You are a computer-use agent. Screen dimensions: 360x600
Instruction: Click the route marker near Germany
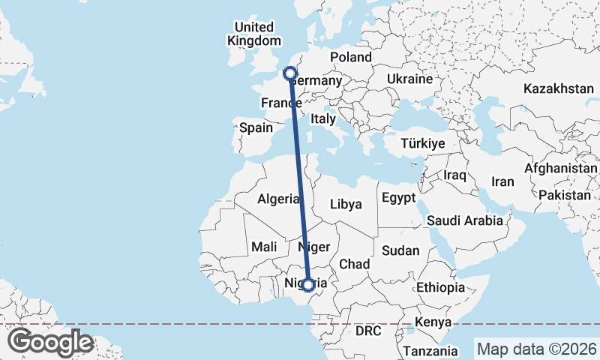coord(290,73)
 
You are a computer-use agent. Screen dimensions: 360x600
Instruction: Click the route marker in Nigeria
coord(307,284)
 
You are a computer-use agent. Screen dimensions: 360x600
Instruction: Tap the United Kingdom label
coord(255,34)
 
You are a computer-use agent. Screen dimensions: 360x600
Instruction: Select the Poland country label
coord(350,57)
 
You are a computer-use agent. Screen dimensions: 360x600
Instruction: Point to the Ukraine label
coord(410,79)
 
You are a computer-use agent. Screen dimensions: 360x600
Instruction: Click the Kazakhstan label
coord(559,88)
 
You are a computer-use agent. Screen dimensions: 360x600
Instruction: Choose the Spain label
coord(256,127)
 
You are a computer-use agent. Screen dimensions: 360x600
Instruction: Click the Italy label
coord(322,118)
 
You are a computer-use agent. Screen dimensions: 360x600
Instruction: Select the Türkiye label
coord(423,143)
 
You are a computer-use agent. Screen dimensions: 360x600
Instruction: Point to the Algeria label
coord(278,199)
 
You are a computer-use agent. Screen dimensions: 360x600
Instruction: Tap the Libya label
coord(346,203)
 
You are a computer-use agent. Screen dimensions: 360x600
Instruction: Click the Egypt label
coord(398,199)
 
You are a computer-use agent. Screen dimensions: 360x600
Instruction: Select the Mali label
coord(264,246)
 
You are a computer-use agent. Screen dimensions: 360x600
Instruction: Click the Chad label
coord(355,264)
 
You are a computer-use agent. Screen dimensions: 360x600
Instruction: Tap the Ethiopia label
coord(441,287)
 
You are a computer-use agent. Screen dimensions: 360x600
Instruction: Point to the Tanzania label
coord(430,350)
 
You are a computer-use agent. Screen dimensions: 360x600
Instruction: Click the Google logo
coord(50,342)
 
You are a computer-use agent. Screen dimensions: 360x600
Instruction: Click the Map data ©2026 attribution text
coord(535,349)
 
